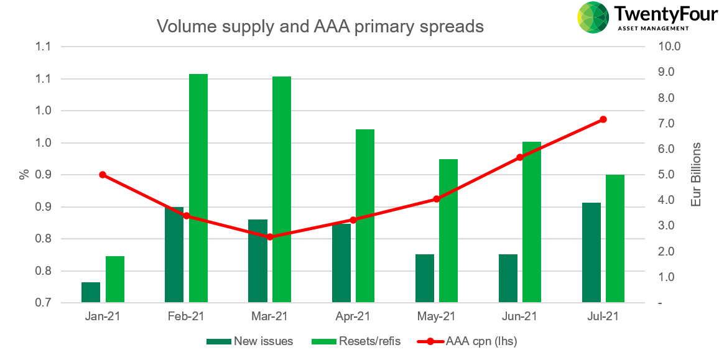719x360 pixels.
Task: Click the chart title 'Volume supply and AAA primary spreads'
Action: (320, 27)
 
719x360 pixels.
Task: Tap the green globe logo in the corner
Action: (593, 17)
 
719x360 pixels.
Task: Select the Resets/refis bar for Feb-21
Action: (198, 188)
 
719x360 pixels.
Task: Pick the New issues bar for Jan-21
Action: (91, 292)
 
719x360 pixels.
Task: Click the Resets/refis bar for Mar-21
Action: (282, 190)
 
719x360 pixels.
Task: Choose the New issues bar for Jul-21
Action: (591, 252)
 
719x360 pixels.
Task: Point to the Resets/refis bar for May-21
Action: (448, 231)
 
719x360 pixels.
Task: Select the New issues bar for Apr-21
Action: (341, 263)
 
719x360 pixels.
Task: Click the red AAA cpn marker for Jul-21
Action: (603, 119)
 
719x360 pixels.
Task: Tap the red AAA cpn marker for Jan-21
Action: (103, 175)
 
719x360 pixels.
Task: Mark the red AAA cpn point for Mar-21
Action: (270, 237)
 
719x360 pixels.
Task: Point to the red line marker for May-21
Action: (437, 199)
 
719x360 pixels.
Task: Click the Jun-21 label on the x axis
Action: (519, 316)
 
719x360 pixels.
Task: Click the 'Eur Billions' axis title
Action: (696, 175)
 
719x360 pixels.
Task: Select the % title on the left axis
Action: (24, 174)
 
